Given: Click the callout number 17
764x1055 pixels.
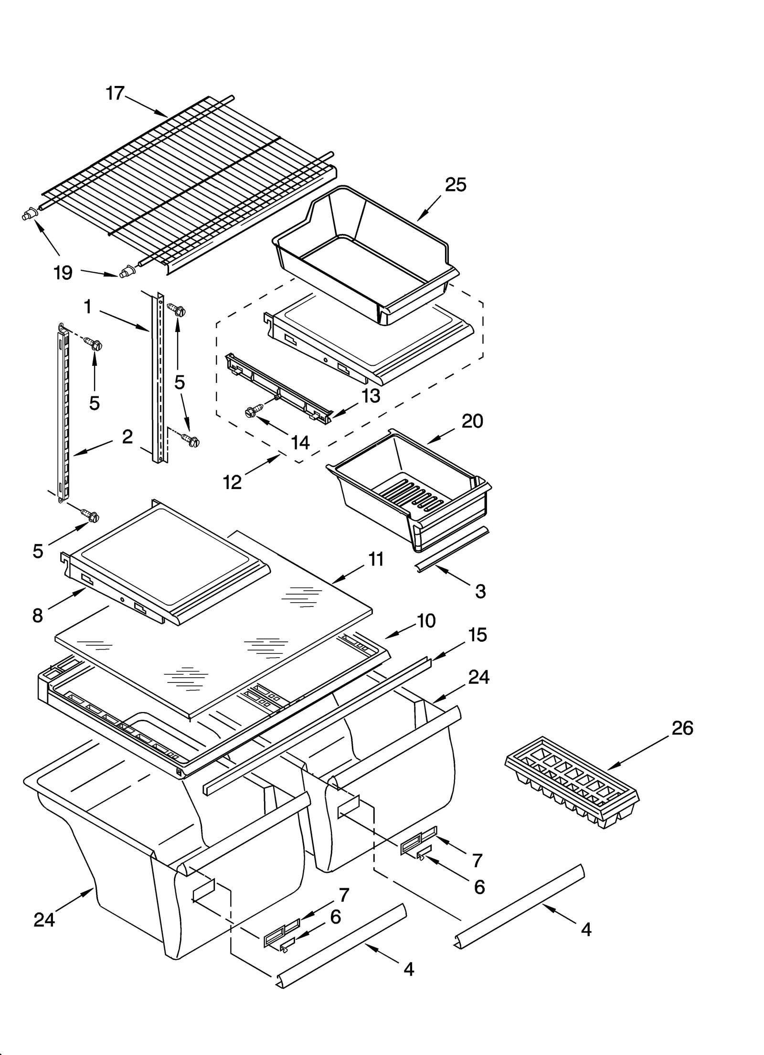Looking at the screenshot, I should [115, 93].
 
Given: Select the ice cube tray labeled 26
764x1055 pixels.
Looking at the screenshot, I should [572, 782].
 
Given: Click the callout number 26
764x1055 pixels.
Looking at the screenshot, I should [682, 728].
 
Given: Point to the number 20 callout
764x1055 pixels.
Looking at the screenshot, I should [472, 421].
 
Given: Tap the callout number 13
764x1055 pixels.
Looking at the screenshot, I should [371, 395].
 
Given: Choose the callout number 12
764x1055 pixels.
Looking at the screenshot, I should [233, 482].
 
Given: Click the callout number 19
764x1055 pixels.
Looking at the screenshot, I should [63, 273].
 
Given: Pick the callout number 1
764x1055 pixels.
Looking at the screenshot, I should [88, 307].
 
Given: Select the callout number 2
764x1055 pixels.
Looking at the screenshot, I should [127, 436].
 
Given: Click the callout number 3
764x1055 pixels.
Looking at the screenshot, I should [480, 591].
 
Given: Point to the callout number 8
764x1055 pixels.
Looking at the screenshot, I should [38, 616].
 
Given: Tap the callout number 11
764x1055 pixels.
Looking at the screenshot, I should [376, 559].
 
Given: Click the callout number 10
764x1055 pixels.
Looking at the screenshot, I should [426, 621].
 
